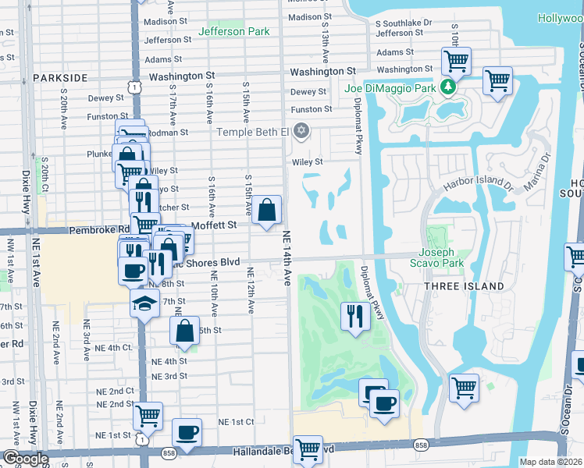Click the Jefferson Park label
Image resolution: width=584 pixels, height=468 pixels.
(234, 31)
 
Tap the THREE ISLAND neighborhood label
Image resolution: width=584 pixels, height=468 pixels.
(464, 286)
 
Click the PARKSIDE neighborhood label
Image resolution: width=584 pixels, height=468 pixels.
(60, 78)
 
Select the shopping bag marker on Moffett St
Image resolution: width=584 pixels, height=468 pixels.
(267, 210)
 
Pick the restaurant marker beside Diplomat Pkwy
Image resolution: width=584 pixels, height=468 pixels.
(354, 316)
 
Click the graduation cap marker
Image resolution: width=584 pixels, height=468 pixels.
(144, 303)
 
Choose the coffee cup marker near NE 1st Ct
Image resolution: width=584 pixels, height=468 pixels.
(186, 432)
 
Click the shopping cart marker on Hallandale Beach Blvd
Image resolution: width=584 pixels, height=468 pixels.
(308, 448)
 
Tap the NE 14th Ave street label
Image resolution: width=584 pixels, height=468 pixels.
(286, 257)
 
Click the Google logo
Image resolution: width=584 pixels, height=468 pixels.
(25, 459)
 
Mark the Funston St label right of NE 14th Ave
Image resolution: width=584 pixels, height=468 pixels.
(312, 109)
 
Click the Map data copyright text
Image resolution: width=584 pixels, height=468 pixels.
(550, 462)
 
